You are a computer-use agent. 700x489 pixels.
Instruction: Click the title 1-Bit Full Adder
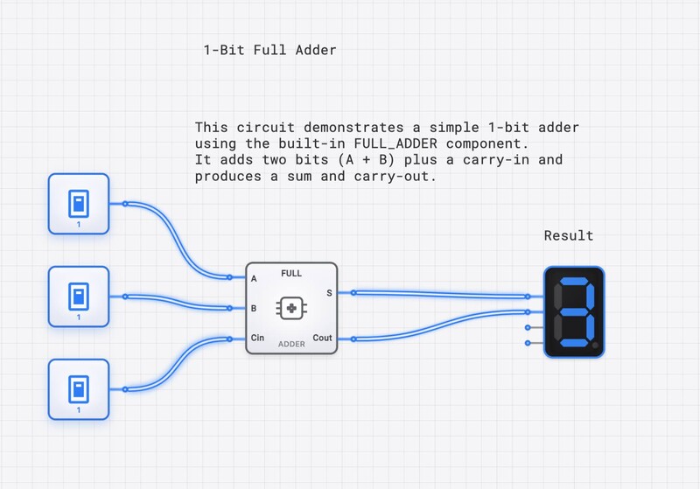coord(269,50)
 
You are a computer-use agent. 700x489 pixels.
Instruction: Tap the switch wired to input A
coord(79,204)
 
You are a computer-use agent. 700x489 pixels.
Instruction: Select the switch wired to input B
coord(79,297)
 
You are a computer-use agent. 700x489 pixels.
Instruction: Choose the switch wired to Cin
coord(79,389)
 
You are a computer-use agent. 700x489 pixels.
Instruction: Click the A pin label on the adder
coord(254,279)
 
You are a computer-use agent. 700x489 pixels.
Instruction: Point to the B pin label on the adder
coord(254,309)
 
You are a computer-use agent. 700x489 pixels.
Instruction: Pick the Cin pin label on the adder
coord(258,338)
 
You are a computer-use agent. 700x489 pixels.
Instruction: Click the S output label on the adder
coord(329,293)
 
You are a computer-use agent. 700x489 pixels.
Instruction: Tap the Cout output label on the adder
coord(322,338)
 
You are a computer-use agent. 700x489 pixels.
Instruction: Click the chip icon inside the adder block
coord(291,308)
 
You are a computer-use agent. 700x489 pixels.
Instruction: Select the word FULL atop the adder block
coord(291,274)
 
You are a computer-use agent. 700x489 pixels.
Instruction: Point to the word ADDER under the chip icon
coord(291,344)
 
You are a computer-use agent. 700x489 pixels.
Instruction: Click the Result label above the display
coord(569,235)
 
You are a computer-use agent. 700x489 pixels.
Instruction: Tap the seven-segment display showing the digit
coord(573,311)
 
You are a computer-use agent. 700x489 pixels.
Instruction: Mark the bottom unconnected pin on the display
coord(528,342)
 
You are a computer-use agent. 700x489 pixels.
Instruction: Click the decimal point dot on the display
coord(595,346)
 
